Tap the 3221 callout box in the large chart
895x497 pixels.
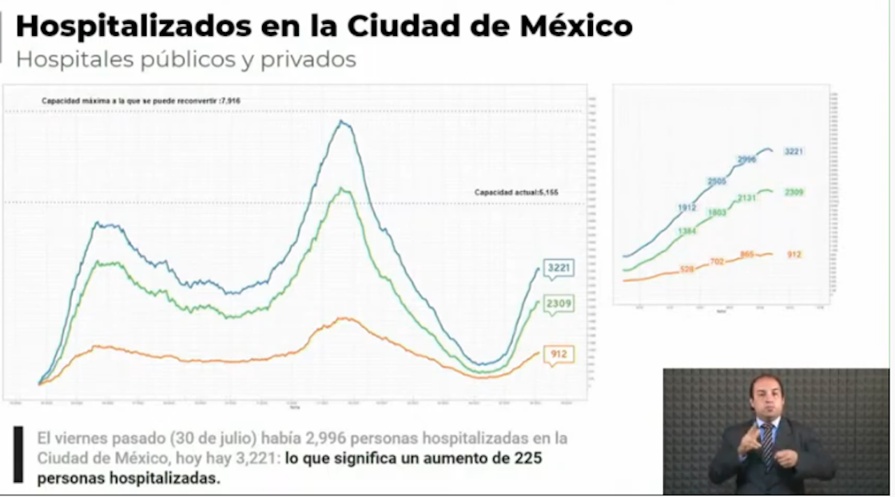[x=559, y=268]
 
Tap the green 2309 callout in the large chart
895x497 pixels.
[x=559, y=304]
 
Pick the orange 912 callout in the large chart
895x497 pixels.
[x=559, y=354]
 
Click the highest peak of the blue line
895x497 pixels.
[x=342, y=121]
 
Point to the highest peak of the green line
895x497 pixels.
[x=344, y=189]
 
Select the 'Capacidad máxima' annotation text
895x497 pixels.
[x=141, y=101]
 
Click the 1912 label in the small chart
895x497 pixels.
[x=686, y=208]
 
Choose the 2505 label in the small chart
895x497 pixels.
[x=717, y=181]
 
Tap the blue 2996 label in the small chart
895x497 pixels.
[x=746, y=160]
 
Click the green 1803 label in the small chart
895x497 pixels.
[x=717, y=213]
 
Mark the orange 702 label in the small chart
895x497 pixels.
[x=717, y=261]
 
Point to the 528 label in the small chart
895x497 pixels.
[x=686, y=270]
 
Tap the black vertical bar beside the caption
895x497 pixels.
[x=18, y=455]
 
